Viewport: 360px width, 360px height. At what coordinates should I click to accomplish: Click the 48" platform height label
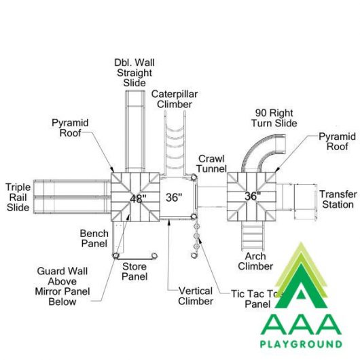[138, 198]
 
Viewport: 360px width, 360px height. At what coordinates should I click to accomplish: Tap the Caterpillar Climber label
[175, 99]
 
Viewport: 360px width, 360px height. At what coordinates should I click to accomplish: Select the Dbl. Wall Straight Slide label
[134, 73]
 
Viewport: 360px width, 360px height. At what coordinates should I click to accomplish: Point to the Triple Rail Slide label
[18, 197]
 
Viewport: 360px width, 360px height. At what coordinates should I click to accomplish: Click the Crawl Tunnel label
[211, 164]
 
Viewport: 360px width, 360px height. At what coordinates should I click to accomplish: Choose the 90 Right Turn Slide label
[274, 118]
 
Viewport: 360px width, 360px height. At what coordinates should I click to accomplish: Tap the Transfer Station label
[338, 199]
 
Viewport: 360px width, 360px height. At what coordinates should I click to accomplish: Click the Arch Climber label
[255, 262]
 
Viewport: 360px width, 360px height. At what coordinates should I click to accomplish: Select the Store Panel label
[134, 272]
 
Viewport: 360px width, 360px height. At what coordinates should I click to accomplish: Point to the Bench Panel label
[94, 238]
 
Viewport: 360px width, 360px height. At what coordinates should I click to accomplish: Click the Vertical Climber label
[196, 296]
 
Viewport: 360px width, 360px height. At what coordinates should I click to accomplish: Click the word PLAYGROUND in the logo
[301, 344]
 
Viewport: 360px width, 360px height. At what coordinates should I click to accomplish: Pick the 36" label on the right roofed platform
[253, 196]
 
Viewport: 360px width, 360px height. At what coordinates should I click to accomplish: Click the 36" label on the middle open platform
[174, 198]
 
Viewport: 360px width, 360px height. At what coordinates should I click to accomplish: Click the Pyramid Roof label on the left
[70, 128]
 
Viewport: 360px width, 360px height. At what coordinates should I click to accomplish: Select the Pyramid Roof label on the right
[337, 141]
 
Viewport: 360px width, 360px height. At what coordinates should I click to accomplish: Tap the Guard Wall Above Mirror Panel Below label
[62, 286]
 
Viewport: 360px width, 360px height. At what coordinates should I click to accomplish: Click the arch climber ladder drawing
[253, 236]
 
